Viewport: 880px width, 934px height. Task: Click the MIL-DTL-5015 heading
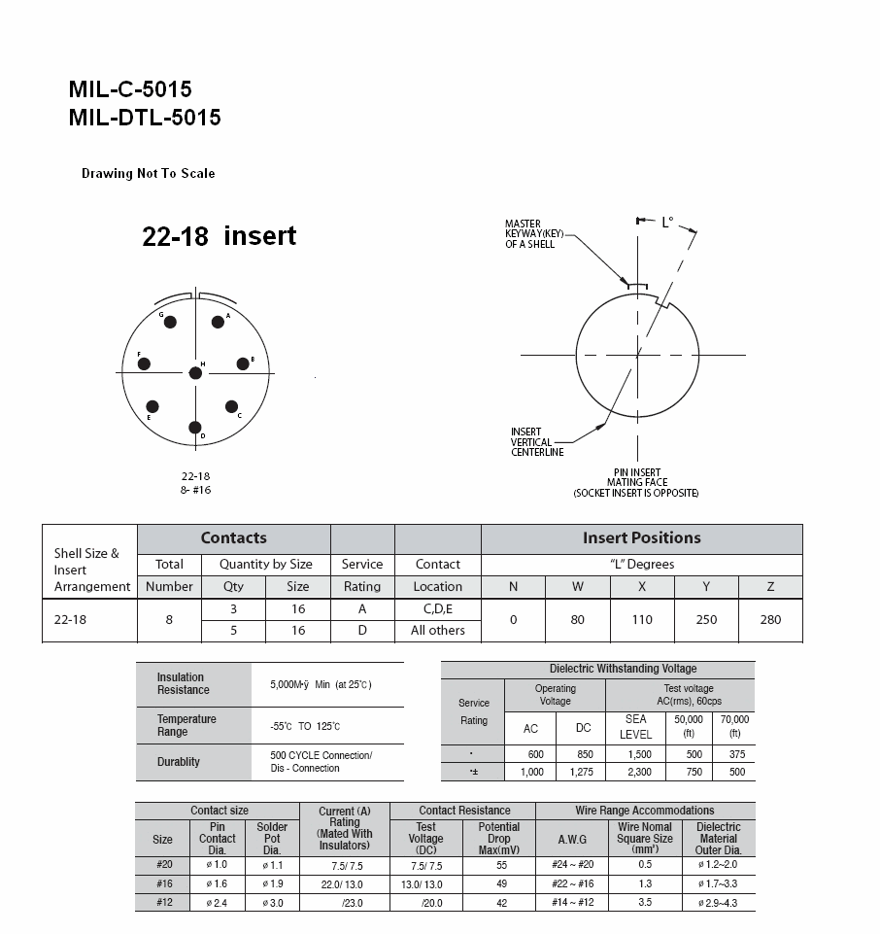[x=145, y=118]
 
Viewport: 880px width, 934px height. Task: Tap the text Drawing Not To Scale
[x=148, y=174]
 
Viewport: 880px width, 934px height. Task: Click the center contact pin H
[x=195, y=373]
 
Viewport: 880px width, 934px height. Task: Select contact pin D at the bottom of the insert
[x=195, y=428]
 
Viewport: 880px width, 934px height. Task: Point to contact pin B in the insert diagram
[x=243, y=364]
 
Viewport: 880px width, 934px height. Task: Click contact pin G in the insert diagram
[x=170, y=323]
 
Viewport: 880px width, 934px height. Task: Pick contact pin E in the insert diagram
[x=152, y=407]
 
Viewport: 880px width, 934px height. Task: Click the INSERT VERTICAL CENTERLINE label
[x=537, y=442]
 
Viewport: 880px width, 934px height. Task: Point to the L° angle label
[x=667, y=223]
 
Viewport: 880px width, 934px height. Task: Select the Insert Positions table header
[x=641, y=538]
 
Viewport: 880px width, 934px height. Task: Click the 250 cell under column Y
[x=706, y=620]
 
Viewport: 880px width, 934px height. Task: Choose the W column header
[x=577, y=587]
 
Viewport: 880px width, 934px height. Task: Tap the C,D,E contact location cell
[x=437, y=609]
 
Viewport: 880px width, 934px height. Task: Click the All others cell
[x=437, y=631]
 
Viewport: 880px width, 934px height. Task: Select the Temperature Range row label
[x=187, y=726]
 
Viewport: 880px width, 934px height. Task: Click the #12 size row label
[x=163, y=903]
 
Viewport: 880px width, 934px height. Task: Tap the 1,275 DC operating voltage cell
[x=582, y=772]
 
